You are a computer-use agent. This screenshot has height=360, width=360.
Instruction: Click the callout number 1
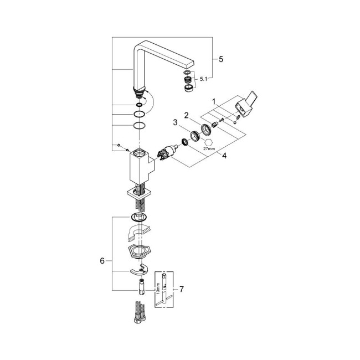tap(214, 101)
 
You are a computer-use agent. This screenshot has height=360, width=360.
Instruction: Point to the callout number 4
tap(224, 156)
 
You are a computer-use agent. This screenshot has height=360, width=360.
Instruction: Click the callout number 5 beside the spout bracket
tap(221, 58)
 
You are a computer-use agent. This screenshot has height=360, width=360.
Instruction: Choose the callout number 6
tap(102, 260)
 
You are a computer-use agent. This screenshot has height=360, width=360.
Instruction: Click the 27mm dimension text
tap(209, 148)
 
